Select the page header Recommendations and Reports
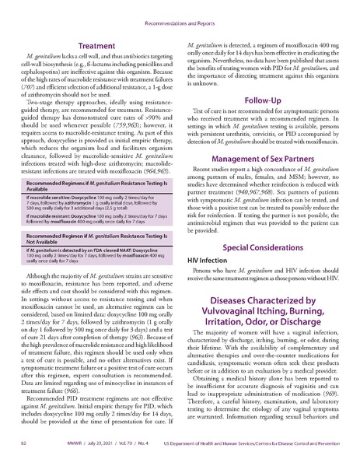pos(180,7)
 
